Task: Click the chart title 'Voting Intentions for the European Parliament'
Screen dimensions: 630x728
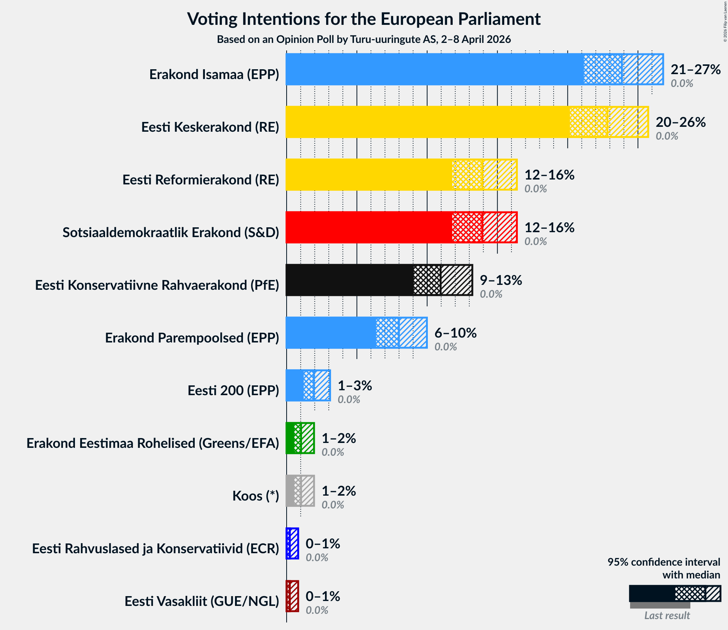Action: [364, 19]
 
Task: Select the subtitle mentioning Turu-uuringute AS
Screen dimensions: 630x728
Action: [364, 40]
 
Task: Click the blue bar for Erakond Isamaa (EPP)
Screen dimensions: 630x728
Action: [433, 69]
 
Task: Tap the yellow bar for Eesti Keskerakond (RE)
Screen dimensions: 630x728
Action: [426, 122]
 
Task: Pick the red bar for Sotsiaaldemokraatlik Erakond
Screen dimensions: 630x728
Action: [369, 227]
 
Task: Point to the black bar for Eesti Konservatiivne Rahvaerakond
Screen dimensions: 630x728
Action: [350, 280]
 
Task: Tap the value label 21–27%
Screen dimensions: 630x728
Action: [695, 70]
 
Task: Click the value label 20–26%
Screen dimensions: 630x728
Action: [680, 122]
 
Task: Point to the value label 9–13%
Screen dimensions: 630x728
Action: [501, 280]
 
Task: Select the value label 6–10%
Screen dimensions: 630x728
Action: [455, 333]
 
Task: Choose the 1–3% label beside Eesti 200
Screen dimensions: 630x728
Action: [354, 386]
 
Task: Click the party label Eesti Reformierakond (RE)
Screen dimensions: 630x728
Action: [201, 180]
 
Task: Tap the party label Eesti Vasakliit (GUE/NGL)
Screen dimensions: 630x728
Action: [202, 601]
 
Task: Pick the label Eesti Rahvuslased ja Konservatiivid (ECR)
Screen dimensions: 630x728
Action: [156, 549]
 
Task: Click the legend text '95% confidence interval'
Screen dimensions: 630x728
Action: [664, 562]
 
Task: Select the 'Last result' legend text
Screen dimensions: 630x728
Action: [667, 615]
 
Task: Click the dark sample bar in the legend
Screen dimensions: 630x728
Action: [652, 593]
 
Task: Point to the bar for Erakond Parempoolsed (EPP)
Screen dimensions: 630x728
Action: [331, 333]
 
